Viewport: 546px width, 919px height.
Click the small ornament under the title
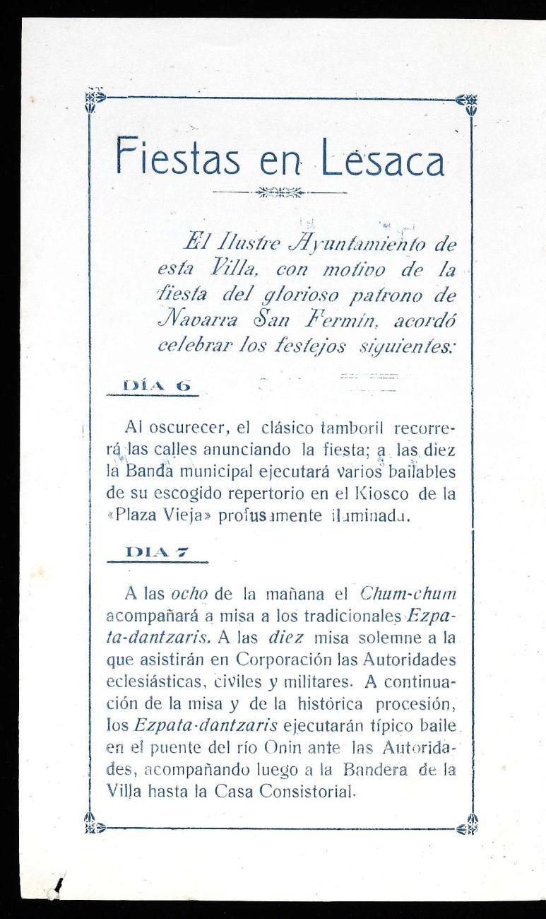pos(279,192)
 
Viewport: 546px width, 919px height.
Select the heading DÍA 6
pos(157,386)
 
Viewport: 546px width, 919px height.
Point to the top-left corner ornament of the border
pos(93,99)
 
